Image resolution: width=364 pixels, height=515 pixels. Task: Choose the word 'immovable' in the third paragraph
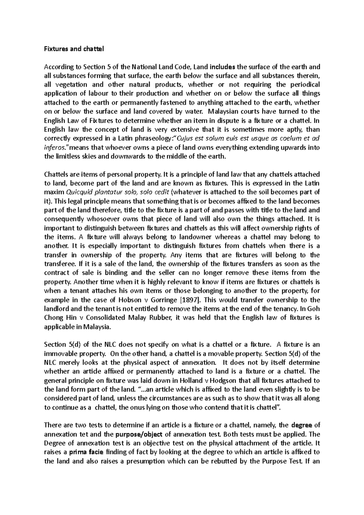(x=59, y=354)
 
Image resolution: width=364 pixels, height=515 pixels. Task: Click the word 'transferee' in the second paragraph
(x=58, y=264)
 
